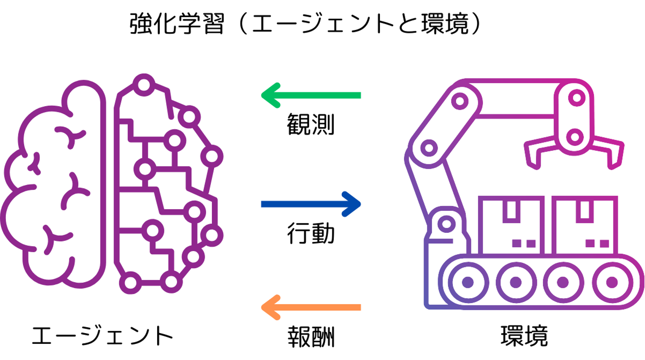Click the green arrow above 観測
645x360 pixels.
(311, 95)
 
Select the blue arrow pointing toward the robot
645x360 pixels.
(311, 204)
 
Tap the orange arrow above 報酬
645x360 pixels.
(311, 307)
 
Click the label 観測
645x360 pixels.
(311, 124)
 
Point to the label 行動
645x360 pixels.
(311, 233)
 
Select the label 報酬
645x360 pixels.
(311, 337)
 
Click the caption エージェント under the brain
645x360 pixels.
(103, 335)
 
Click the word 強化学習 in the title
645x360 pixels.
(177, 24)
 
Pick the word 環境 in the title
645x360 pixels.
(445, 24)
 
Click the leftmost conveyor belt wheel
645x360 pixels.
(468, 282)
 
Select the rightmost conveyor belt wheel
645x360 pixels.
(611, 282)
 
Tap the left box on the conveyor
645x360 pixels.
(512, 225)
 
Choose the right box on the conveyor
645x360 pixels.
(585, 225)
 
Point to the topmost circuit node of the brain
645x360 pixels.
(144, 85)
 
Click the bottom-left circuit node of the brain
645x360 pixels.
(130, 283)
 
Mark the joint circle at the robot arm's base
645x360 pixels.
(446, 223)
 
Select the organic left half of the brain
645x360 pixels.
(53, 184)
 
